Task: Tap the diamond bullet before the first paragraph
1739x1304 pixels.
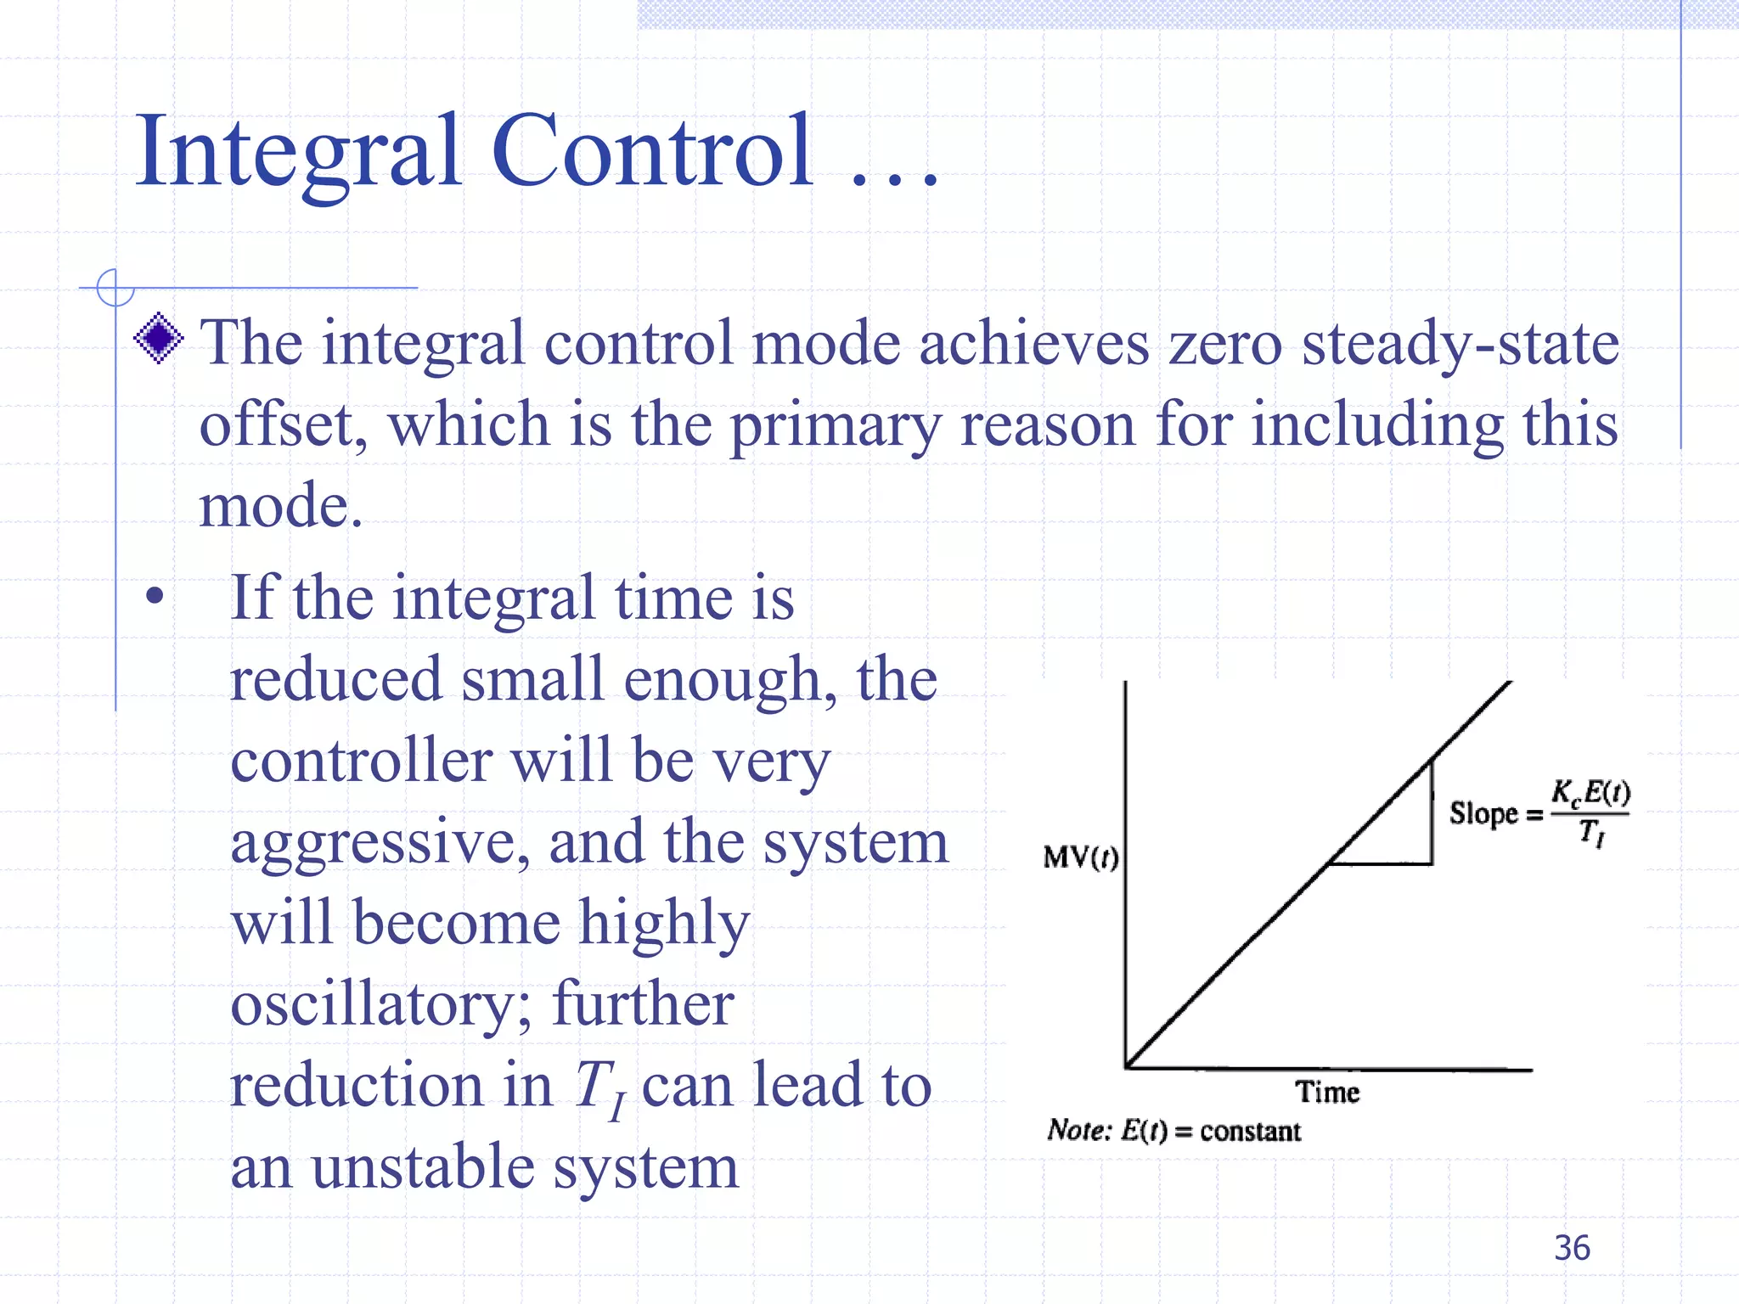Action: [159, 338]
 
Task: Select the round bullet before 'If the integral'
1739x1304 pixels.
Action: [155, 596]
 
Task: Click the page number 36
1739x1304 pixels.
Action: [1572, 1248]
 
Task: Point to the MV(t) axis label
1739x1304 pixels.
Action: [1080, 857]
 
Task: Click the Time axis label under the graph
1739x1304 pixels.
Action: [1327, 1092]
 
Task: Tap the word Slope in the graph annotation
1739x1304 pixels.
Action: [1483, 813]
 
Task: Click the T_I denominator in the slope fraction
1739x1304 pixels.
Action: [1591, 833]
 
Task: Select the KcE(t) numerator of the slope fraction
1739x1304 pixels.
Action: [1590, 793]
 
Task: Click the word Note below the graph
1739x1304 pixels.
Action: [1077, 1131]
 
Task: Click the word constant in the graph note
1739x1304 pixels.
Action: [1250, 1132]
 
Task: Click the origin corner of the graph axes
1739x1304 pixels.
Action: [1127, 1067]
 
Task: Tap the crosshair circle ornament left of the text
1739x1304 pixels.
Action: [115, 288]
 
